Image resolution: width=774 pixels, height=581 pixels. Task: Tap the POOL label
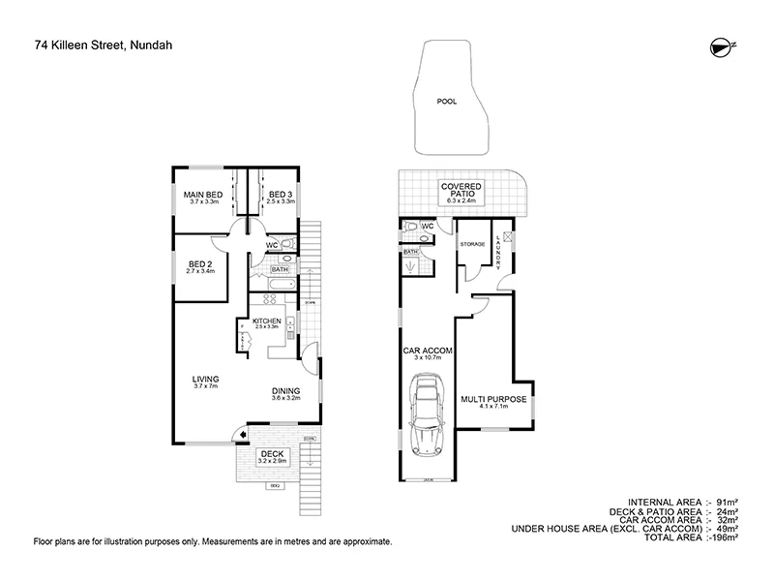446,100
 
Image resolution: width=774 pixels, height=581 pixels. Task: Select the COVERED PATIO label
461,190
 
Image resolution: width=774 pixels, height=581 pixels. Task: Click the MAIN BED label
204,195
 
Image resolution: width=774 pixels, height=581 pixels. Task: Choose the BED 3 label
281,195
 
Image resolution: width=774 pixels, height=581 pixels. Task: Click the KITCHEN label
266,321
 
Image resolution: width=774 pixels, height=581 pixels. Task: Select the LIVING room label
206,379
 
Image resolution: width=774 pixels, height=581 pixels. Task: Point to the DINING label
285,391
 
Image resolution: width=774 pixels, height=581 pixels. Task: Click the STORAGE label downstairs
472,244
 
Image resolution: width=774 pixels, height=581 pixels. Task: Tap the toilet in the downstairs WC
413,229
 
